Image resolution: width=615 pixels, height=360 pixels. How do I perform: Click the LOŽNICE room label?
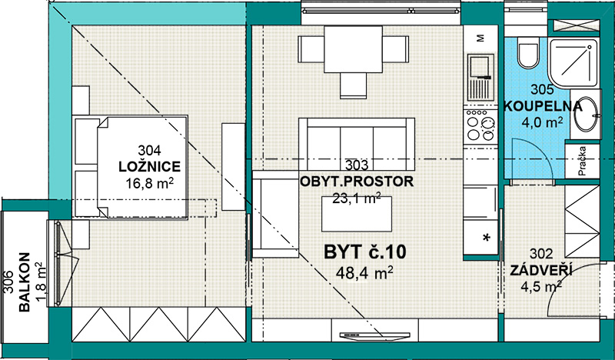pos(149,166)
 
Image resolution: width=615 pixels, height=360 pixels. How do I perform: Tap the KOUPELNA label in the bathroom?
pos(543,106)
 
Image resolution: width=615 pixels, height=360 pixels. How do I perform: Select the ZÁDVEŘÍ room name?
pos(541,271)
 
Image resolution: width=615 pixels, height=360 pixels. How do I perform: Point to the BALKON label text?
pos(25,282)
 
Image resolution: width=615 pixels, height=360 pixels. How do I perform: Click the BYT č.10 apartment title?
pos(364,252)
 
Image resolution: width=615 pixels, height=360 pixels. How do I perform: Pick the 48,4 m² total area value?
pos(364,273)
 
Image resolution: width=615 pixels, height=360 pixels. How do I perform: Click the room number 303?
pos(357,165)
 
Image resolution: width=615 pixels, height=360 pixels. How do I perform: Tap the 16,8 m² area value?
pos(150,182)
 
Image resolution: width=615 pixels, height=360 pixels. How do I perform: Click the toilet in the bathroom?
pos(528,52)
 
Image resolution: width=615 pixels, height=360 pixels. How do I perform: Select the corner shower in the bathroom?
pos(573,63)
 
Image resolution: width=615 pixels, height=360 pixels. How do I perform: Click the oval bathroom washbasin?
pos(587,114)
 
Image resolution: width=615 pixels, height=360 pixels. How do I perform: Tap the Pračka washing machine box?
pos(583,161)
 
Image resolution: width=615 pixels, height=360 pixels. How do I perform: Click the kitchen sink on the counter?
pos(480,78)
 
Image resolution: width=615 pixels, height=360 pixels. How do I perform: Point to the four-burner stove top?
pos(480,125)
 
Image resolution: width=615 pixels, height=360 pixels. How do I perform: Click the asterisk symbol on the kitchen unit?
pos(487,238)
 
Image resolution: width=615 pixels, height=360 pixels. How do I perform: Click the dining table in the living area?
pos(353,49)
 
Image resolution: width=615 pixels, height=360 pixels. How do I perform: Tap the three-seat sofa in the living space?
pos(357,138)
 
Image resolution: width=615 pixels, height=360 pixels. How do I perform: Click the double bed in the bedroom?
pos(131,166)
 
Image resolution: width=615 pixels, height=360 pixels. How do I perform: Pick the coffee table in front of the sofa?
pos(357,214)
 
